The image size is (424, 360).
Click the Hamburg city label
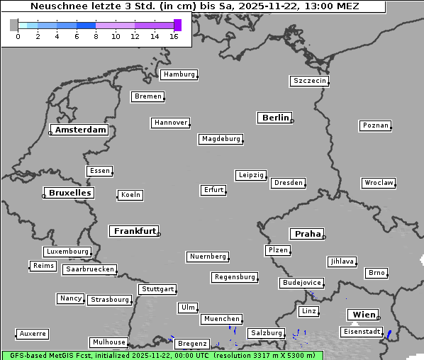tap(178, 74)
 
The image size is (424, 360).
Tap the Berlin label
tap(275, 118)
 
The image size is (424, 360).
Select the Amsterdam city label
tap(80, 130)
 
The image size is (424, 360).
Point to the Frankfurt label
tap(135, 231)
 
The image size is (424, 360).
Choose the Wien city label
tap(364, 315)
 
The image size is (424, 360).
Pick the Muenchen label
tap(221, 320)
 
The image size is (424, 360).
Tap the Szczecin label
tap(309, 81)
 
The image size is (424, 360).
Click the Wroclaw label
tap(378, 183)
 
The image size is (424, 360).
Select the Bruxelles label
tap(69, 193)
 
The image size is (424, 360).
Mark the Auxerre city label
tap(33, 333)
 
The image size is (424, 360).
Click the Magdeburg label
tap(221, 139)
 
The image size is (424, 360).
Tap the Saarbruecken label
tap(89, 269)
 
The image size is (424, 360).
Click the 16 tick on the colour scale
tap(174, 36)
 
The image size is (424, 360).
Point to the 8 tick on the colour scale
tap(96, 36)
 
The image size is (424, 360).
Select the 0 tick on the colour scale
tap(18, 36)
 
